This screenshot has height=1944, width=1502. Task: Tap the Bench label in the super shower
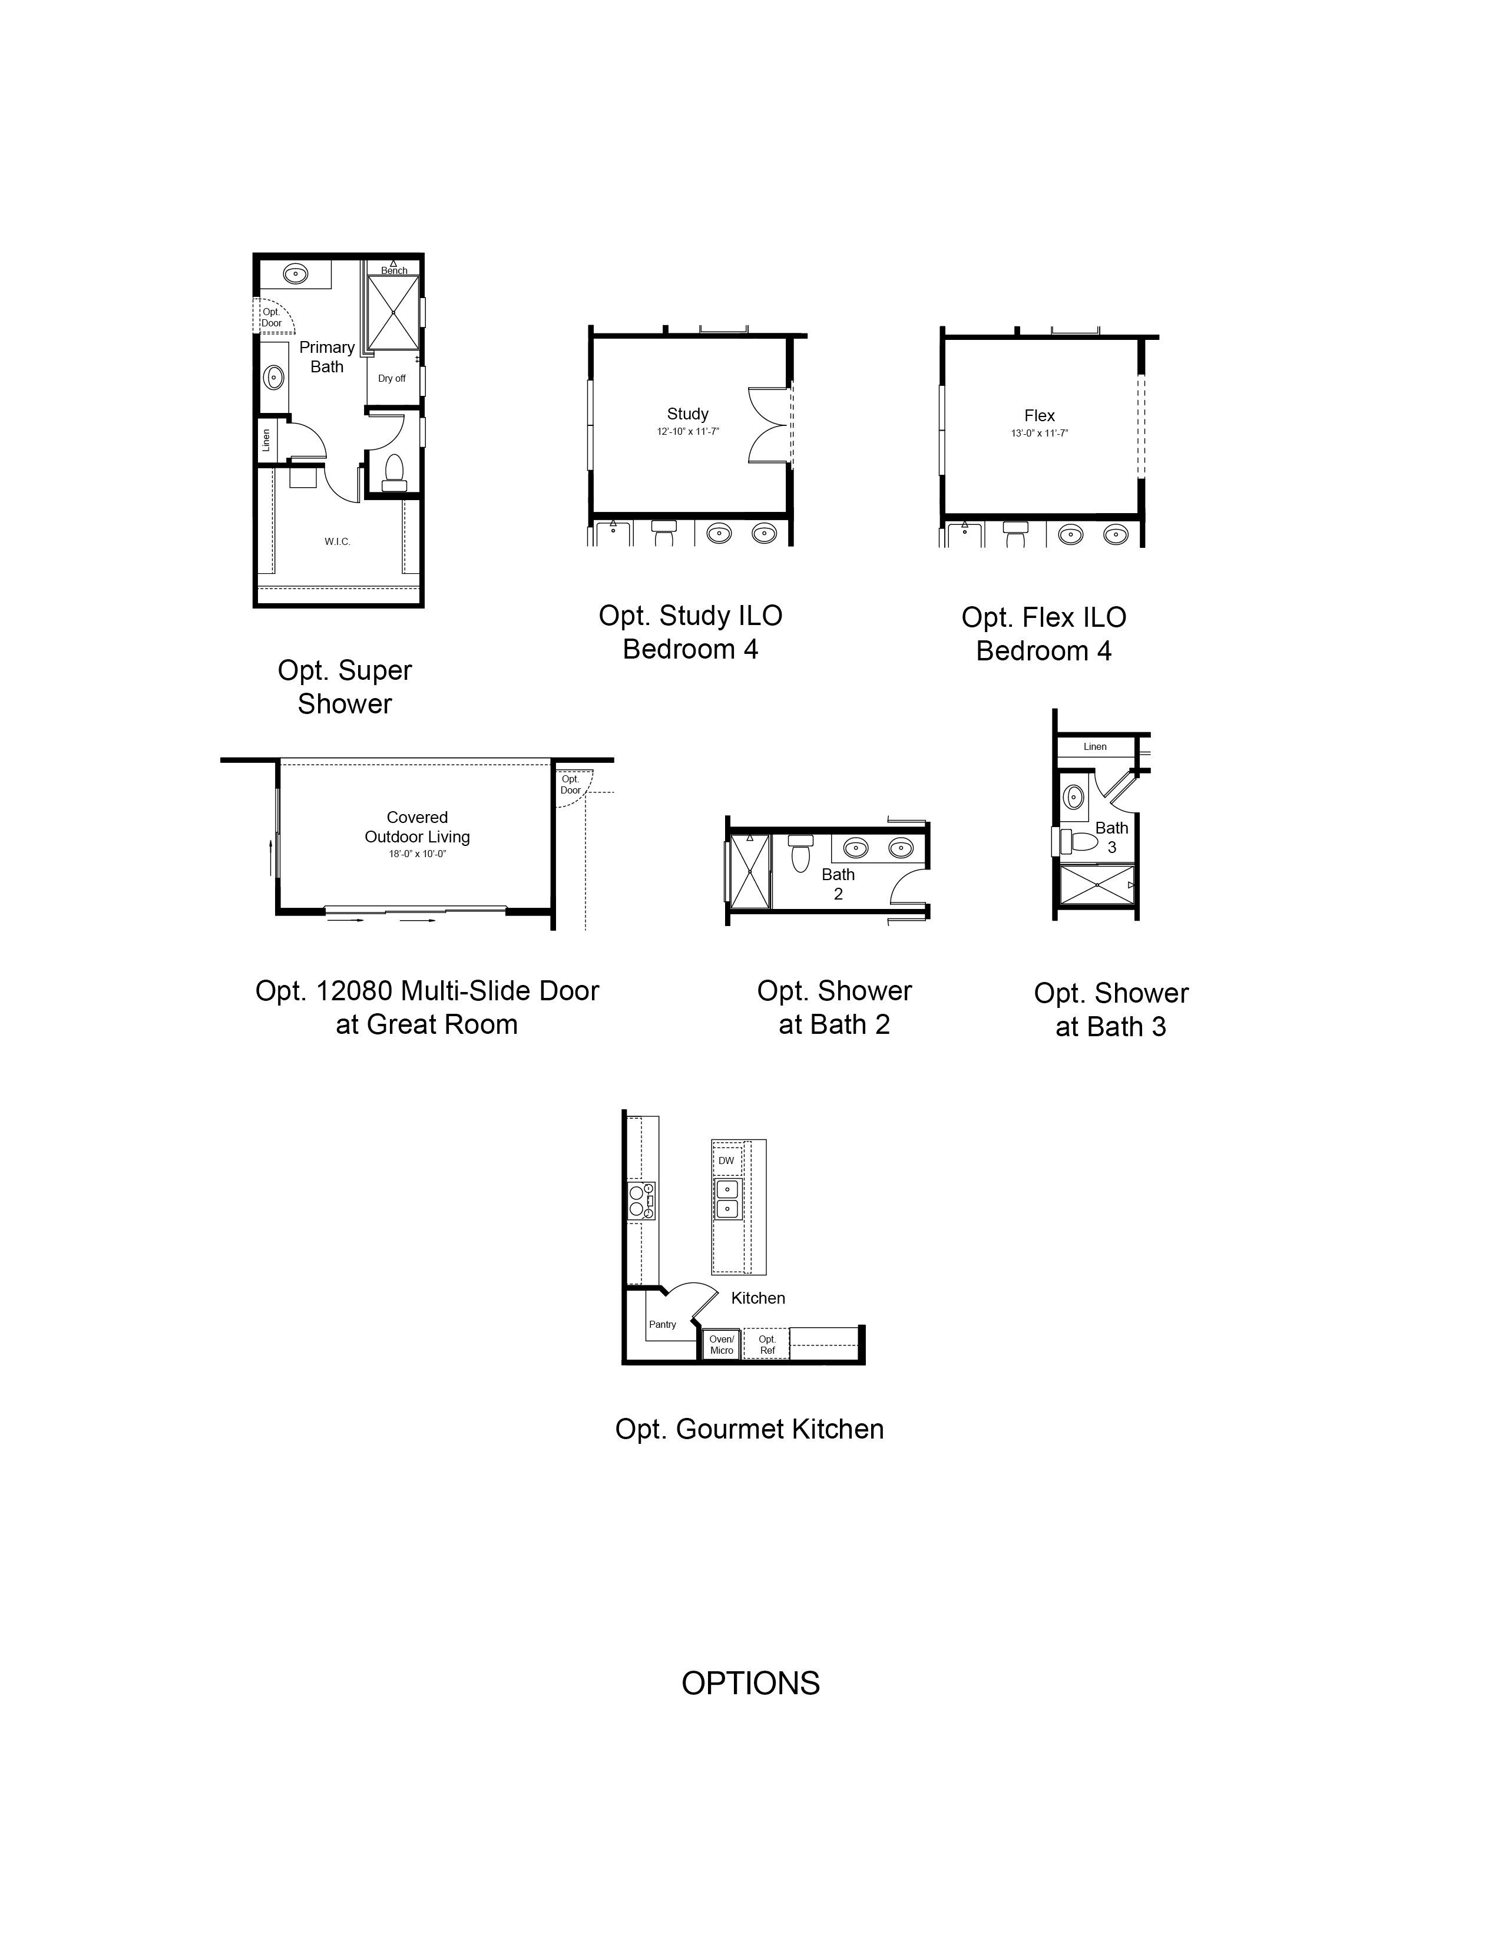pos(394,270)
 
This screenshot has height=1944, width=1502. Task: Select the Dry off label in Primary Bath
pos(392,378)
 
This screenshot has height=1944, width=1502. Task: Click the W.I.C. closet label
pos(338,541)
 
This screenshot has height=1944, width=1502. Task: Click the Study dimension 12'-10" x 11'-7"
pos(688,432)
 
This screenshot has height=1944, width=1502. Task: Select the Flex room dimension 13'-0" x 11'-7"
pos(1039,434)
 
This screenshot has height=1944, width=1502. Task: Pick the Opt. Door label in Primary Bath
pos(272,318)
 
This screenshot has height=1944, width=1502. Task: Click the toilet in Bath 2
pos(800,853)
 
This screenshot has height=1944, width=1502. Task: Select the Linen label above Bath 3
pos(1096,747)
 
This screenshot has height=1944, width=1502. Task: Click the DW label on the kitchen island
pos(726,1161)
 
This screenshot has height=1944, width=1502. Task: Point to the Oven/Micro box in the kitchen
pos(722,1345)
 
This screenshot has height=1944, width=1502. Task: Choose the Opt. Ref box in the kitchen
pos(767,1345)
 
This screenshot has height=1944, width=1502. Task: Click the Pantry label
pos(662,1324)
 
